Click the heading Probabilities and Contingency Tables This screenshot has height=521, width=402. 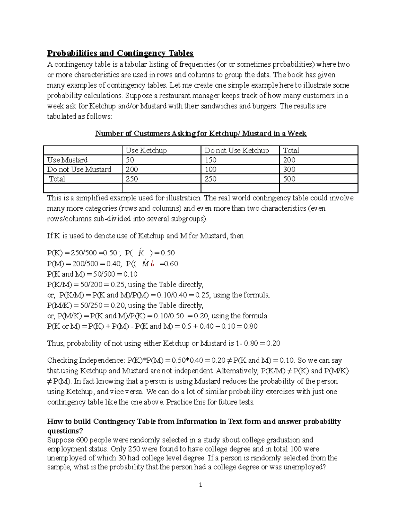(120, 53)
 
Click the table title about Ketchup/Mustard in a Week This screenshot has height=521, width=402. (201, 134)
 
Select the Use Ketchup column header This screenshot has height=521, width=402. (146, 151)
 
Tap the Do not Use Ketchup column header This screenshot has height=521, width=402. (237, 151)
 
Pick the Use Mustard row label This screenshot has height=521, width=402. (67, 160)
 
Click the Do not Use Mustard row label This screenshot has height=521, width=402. (79, 169)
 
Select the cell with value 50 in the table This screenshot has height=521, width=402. (130, 160)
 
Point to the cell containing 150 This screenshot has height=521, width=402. (210, 160)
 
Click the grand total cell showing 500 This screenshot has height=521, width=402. (289, 179)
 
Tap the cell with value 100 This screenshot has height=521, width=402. (210, 169)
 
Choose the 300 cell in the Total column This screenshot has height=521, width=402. (289, 169)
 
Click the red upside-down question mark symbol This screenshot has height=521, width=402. (152, 264)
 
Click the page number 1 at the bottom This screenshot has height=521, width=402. (201, 485)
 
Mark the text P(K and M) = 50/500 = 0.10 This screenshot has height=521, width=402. (92, 274)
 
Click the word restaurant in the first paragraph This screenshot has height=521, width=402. (175, 96)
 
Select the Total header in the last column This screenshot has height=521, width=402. (291, 151)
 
